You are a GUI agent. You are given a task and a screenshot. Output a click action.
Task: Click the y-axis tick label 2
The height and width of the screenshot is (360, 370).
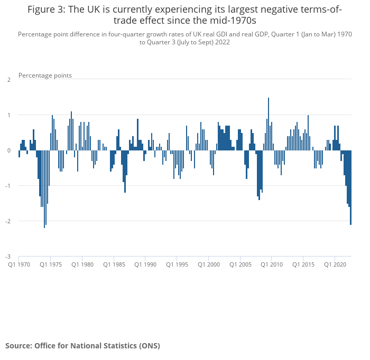[9, 80]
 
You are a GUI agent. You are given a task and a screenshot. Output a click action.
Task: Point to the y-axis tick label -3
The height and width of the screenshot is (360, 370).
[8, 257]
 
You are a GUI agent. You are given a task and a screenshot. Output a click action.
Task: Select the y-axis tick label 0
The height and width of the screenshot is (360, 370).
[9, 150]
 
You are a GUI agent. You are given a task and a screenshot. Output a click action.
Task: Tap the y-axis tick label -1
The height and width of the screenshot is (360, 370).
[8, 186]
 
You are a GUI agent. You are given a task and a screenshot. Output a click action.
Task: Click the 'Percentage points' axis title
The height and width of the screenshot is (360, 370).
[45, 75]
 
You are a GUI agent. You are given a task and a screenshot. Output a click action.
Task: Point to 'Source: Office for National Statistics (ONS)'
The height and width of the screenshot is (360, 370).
[82, 346]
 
